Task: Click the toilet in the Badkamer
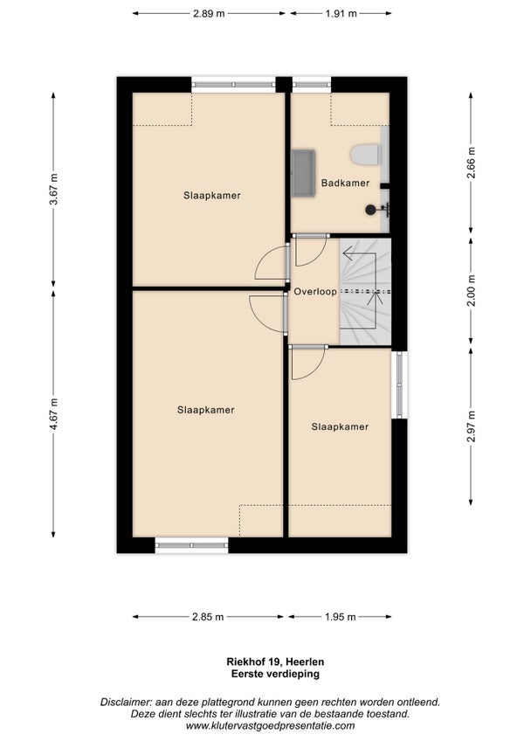[x=365, y=155]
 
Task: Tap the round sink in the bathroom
[x=371, y=210]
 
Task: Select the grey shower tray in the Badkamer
[x=303, y=172]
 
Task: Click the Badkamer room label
[x=345, y=183]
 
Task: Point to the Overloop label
[x=315, y=292]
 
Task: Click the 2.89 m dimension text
[x=209, y=14]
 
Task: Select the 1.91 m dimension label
[x=341, y=14]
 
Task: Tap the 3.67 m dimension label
[x=54, y=189]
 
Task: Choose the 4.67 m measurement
[x=54, y=414]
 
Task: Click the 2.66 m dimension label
[x=471, y=163]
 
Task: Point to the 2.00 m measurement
[x=471, y=290]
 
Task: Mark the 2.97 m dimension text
[x=471, y=426]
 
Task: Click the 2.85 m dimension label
[x=208, y=617]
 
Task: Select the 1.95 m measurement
[x=341, y=617]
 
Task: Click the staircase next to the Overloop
[x=366, y=292]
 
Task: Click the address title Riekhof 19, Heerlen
[x=275, y=662]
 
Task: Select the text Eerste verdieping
[x=275, y=674]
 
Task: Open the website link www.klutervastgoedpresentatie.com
[x=270, y=726]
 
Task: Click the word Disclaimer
[x=126, y=703]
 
